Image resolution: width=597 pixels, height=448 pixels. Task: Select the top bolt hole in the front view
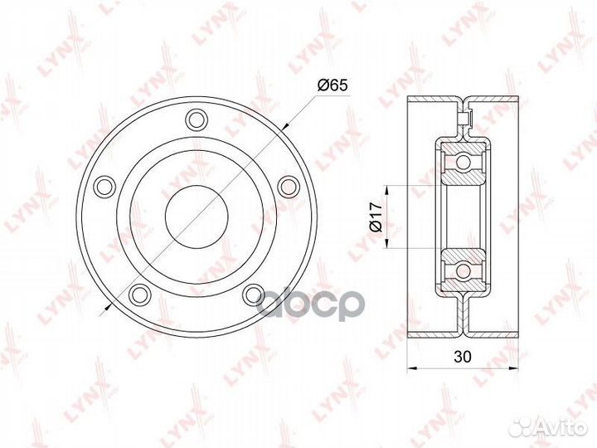pyautogui.click(x=196, y=119)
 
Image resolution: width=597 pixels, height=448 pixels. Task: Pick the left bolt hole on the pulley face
pyautogui.click(x=104, y=184)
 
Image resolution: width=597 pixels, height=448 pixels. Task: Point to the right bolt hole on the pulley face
pyautogui.click(x=288, y=184)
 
